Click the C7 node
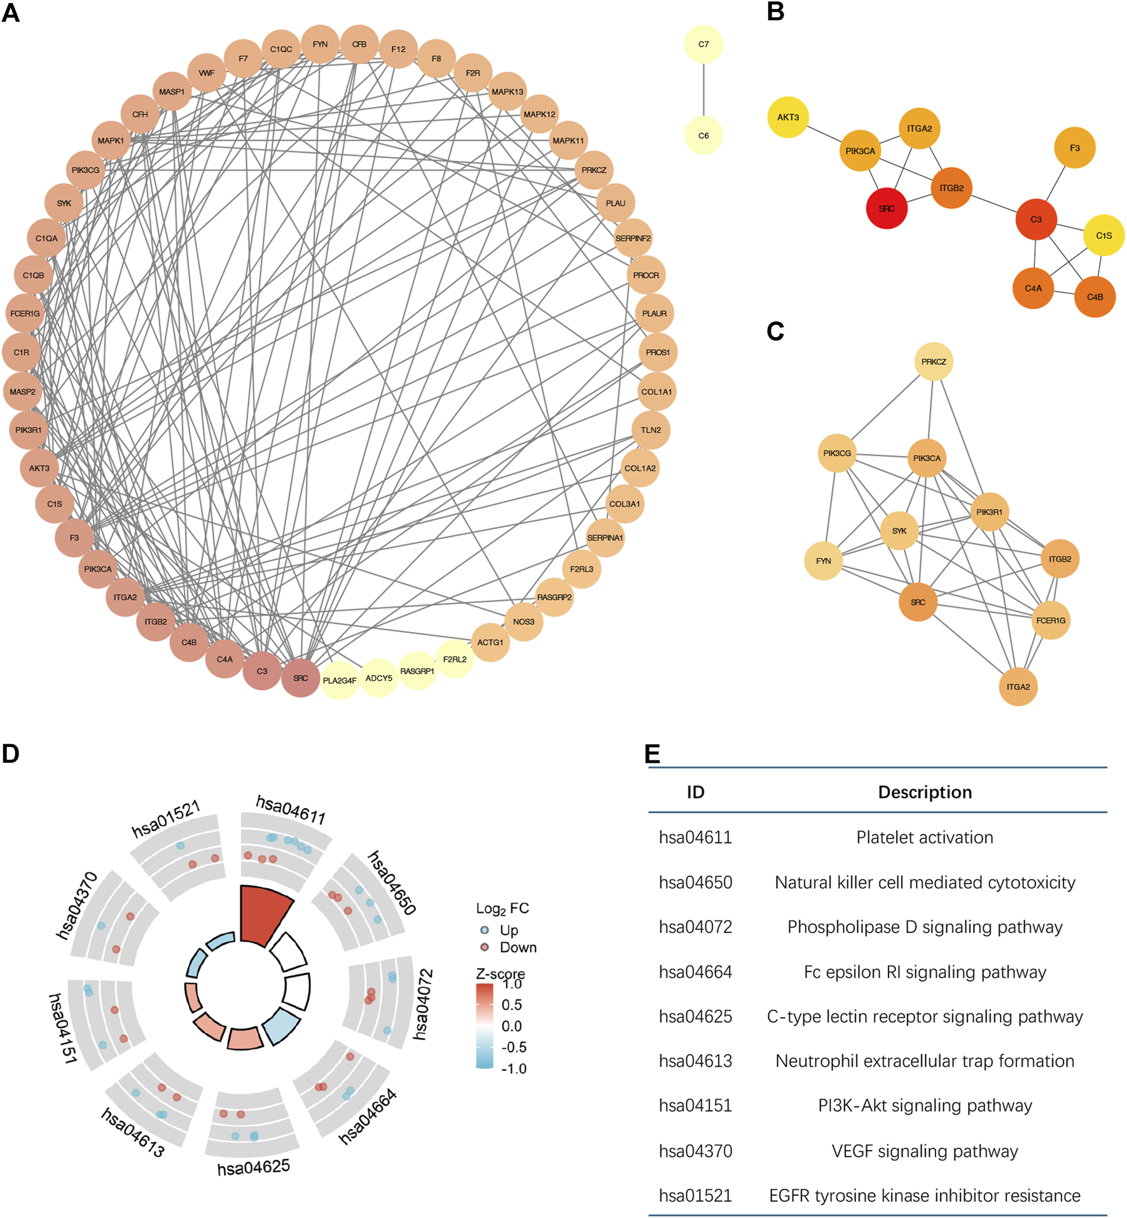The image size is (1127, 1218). pos(703,44)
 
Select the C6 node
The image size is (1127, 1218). pos(703,135)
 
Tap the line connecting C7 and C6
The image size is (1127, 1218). pos(703,90)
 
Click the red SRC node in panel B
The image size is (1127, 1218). pos(886,209)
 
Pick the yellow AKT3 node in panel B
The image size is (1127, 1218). pos(787,117)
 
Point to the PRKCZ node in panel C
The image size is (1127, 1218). pos(933,362)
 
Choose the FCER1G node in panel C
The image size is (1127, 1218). pos(1050,620)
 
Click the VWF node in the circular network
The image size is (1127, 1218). pos(207,73)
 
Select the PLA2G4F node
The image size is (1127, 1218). pos(339,680)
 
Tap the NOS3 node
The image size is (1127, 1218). pos(523,622)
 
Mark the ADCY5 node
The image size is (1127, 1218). pos(378,678)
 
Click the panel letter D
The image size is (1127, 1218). pos(11,754)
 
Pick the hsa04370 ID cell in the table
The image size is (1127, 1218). pos(695,1151)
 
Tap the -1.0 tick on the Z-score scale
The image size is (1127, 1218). pos(514,1069)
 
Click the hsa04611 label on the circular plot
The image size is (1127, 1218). pos(291,810)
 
